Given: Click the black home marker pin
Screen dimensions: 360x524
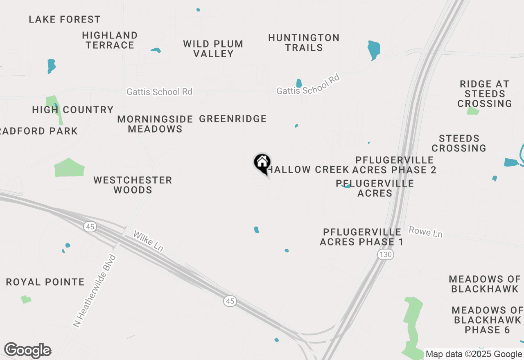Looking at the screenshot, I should point(262,163).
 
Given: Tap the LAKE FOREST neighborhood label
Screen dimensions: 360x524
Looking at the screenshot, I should point(65,19).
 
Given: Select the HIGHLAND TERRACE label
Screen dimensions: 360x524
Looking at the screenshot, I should point(110,40).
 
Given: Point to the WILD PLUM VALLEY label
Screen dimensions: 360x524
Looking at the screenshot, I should point(213,49).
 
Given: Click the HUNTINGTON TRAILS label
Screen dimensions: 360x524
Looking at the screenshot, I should point(304,43).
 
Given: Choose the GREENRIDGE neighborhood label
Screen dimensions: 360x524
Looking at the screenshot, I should point(233,119).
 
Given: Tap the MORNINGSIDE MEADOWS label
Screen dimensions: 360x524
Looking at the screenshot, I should point(155,124).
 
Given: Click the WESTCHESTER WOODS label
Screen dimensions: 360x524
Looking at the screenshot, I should point(133,185).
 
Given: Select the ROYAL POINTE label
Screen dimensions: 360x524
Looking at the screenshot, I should point(45,282).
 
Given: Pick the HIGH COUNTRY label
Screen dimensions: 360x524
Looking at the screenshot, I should point(73,110).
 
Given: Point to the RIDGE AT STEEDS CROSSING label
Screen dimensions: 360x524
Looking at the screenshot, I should point(485,94).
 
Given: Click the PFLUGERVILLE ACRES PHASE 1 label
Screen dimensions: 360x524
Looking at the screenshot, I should point(361,237).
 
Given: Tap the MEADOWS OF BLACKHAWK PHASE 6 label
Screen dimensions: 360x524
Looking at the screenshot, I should point(487,320).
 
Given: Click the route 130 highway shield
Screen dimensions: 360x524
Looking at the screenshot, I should point(386,254).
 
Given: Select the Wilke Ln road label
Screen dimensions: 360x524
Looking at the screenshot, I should point(148,241).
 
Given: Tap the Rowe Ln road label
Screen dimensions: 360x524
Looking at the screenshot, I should point(425,232).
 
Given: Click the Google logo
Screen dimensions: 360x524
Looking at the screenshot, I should point(27,351).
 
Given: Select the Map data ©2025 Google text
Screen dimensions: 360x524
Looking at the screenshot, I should point(474,354).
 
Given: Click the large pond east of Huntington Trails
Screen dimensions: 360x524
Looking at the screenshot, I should point(373,49).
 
